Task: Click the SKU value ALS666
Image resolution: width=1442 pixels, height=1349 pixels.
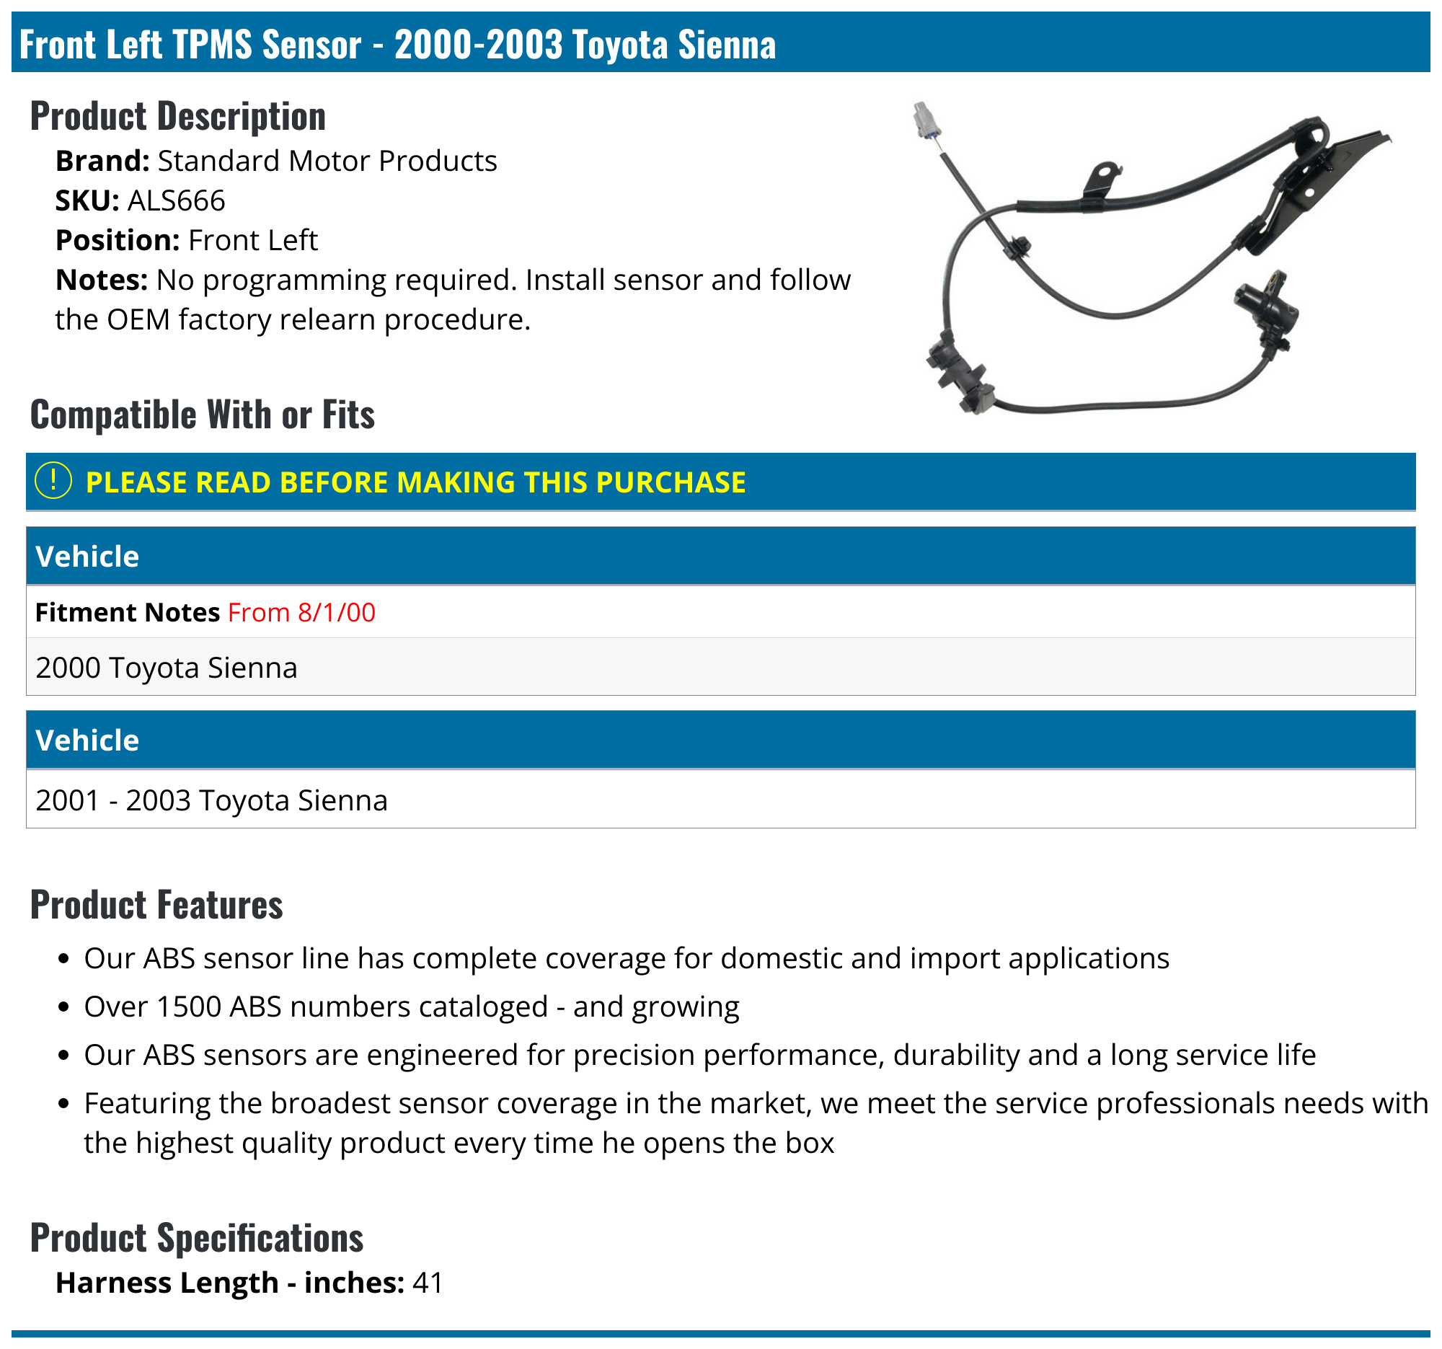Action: [176, 201]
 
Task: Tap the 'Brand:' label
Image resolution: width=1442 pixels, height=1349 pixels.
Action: [102, 161]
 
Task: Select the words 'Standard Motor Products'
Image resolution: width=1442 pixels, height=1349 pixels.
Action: [327, 161]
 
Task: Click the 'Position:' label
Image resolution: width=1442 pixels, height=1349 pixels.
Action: [118, 241]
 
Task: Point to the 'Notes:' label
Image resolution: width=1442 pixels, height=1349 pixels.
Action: [102, 280]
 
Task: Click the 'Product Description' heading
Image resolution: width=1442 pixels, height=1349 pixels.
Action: [177, 116]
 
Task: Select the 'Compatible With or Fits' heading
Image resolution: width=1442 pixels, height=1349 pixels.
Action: [203, 415]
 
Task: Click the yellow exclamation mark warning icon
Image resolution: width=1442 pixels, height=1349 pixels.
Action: [53, 481]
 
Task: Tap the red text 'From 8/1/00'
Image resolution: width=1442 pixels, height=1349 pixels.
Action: [302, 613]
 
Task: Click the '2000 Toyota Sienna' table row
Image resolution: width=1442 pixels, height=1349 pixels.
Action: [167, 668]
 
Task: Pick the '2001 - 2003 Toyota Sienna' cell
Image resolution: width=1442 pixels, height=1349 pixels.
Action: [212, 801]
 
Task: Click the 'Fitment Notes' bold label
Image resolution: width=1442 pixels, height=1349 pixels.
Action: [127, 613]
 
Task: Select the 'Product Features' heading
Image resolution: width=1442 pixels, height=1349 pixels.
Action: [156, 905]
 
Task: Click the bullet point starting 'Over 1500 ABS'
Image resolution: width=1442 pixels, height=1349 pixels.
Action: [411, 1007]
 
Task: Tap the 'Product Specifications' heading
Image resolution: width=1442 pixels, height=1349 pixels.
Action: [197, 1238]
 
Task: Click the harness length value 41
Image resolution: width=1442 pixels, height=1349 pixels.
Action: [428, 1283]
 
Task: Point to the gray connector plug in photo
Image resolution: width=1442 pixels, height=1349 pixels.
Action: [926, 120]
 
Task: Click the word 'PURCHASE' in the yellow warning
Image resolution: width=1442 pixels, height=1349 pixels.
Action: [671, 483]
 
